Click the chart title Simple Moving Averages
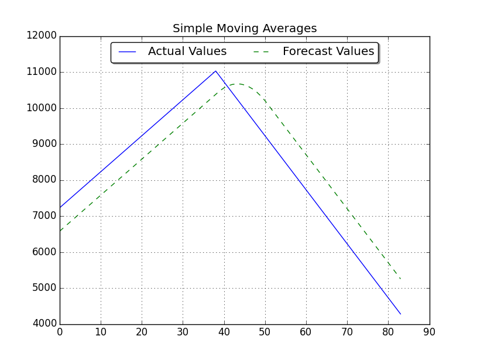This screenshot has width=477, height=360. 245,29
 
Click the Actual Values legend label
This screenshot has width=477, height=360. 187,52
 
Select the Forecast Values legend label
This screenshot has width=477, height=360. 328,52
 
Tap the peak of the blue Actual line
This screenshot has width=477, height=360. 215,71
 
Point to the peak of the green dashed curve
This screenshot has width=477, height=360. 238,84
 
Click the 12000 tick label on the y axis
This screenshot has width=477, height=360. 42,36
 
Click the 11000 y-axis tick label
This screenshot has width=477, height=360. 42,72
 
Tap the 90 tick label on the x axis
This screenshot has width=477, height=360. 430,332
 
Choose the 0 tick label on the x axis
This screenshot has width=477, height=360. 60,332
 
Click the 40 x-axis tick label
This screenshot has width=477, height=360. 224,332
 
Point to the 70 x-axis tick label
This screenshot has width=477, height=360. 347,332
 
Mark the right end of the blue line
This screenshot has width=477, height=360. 400,314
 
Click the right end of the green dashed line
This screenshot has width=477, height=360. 400,279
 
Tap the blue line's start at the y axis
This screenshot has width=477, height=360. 60,207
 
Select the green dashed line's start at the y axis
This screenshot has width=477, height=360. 60,231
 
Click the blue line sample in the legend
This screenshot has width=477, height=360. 128,52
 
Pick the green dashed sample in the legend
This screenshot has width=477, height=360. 262,52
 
